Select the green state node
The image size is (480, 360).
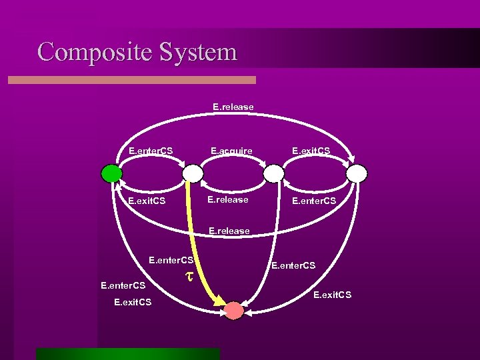pyautogui.click(x=111, y=173)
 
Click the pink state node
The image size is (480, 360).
pyautogui.click(x=233, y=310)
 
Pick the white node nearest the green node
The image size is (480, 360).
pyautogui.click(x=192, y=173)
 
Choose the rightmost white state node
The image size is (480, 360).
pyautogui.click(x=357, y=173)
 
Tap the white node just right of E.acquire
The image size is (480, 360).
pyautogui.click(x=273, y=173)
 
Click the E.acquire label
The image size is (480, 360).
pyautogui.click(x=231, y=151)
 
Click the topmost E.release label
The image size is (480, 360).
pyautogui.click(x=233, y=107)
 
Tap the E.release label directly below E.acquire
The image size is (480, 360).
pyautogui.click(x=227, y=199)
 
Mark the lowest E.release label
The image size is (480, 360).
pyautogui.click(x=229, y=231)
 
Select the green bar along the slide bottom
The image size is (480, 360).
pyautogui.click(x=127, y=353)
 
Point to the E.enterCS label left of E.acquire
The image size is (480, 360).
pyautogui.click(x=151, y=151)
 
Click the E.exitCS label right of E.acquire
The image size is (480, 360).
pyautogui.click(x=312, y=151)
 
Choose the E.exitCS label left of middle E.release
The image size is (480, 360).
pyautogui.click(x=147, y=200)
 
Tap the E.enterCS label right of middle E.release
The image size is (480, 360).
pyautogui.click(x=313, y=200)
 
